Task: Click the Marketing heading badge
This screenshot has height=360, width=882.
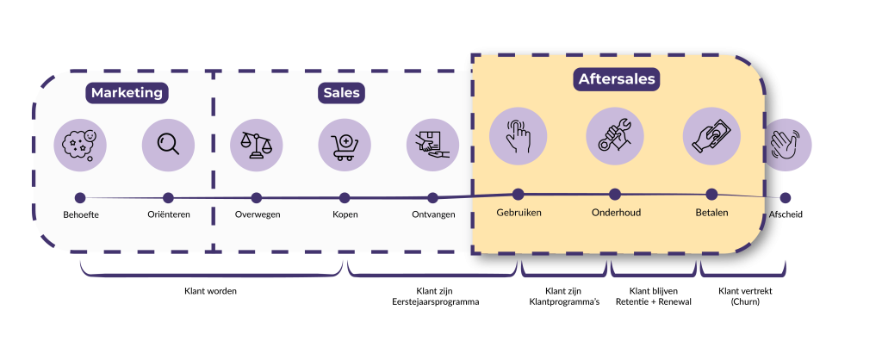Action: [127, 92]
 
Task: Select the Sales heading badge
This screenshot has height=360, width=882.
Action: [342, 92]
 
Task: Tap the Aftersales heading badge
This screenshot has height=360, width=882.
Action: [616, 79]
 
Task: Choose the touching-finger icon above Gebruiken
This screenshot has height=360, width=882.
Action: [518, 136]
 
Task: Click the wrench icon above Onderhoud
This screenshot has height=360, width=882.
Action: [615, 136]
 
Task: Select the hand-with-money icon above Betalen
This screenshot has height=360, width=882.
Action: [711, 136]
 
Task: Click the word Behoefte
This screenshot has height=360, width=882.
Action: [81, 214]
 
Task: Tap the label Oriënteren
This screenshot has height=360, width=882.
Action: [168, 214]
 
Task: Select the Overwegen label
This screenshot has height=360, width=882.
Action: [258, 214]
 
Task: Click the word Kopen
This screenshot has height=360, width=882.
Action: [345, 214]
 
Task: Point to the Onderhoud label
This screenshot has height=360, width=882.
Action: [616, 212]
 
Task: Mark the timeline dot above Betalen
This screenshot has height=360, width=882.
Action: [711, 195]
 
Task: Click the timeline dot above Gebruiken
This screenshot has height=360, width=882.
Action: [518, 195]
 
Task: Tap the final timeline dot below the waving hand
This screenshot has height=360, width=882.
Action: [785, 198]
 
